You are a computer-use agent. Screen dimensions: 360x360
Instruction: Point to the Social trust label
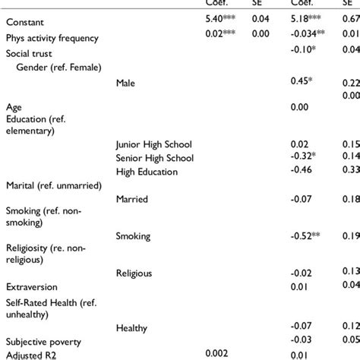pos(29,54)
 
